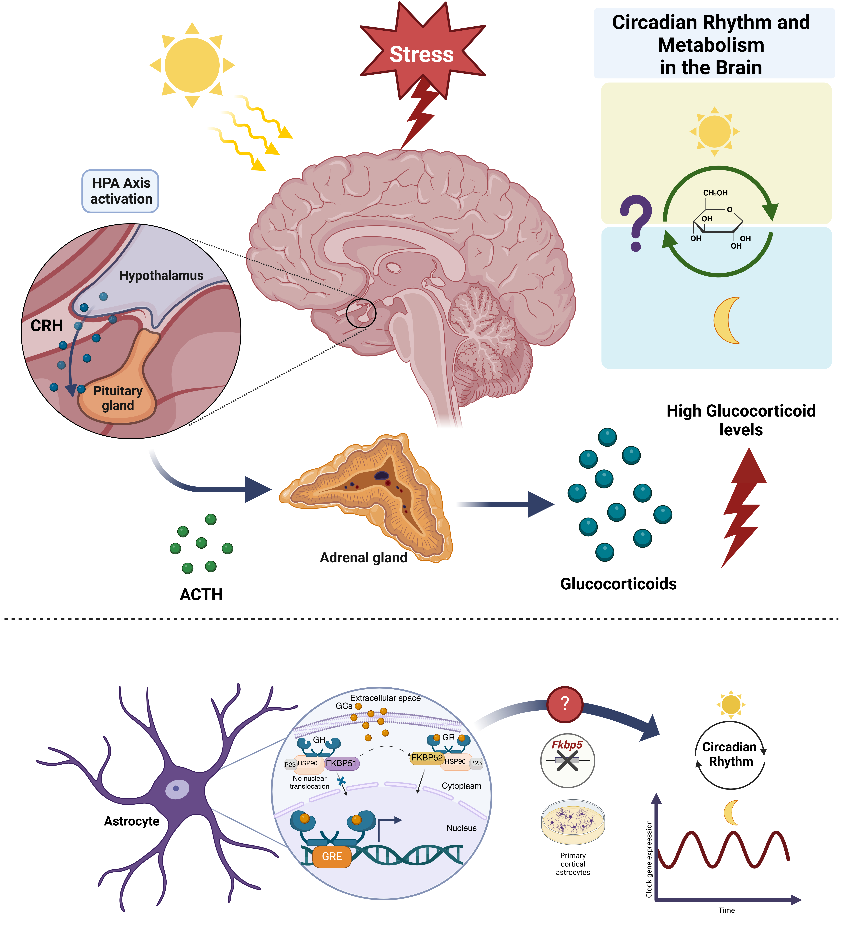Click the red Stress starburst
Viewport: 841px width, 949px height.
pos(422,53)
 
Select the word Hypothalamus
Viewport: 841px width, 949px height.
pos(161,276)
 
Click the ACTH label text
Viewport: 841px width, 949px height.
pos(201,595)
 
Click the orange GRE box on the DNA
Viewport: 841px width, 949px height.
pos(332,857)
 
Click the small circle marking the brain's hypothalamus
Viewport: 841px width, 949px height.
pos(361,313)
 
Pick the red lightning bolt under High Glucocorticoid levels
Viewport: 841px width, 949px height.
pos(743,506)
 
